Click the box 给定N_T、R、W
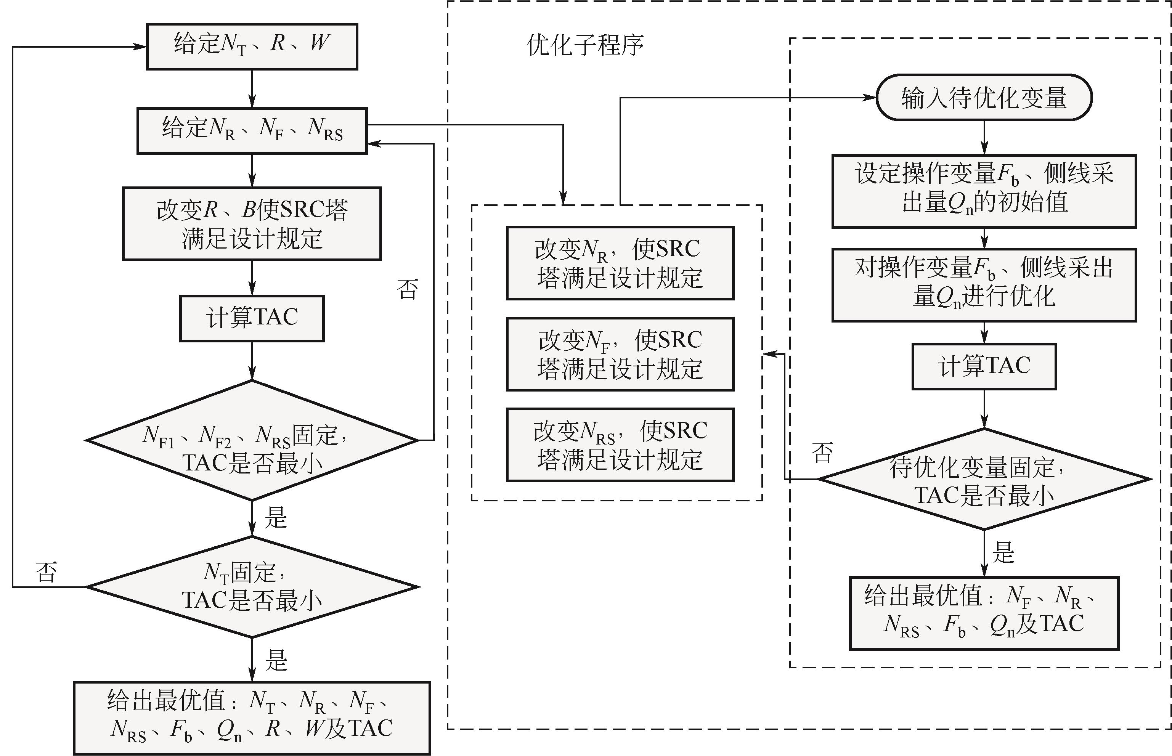[252, 46]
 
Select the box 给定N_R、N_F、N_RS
[252, 131]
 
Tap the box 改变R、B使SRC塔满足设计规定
[252, 223]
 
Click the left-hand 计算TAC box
[252, 318]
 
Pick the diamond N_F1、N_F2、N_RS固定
[252, 440]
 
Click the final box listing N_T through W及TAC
[252, 717]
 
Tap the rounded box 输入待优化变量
[984, 97]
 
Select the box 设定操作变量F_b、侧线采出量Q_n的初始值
[984, 191]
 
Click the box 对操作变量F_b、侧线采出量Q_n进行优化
[984, 285]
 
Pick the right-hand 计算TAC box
[984, 366]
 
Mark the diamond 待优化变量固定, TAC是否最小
[984, 479]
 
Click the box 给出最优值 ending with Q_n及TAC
[984, 613]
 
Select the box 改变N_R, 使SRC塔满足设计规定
[620, 263]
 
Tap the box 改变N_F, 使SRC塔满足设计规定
[620, 354]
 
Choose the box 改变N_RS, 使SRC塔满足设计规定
[620, 445]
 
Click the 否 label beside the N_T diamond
[46, 572]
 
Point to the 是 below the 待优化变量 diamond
[1003, 553]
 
